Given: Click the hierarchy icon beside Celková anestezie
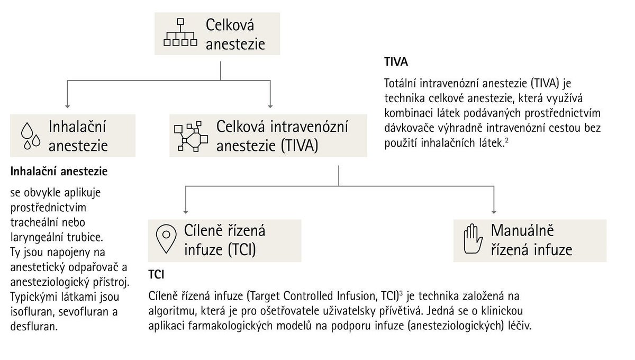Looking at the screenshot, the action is pyautogui.click(x=180, y=32).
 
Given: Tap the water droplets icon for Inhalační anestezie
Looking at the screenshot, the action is pyautogui.click(x=31, y=136).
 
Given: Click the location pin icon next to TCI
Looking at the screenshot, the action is pyautogui.click(x=166, y=239).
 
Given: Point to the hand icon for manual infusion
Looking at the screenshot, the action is pyautogui.click(x=473, y=239).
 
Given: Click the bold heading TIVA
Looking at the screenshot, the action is pyautogui.click(x=396, y=62).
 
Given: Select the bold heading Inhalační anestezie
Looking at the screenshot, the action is pyautogui.click(x=59, y=172).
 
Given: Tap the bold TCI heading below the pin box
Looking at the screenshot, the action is pyautogui.click(x=156, y=275).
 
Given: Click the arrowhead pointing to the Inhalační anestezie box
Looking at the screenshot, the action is pyautogui.click(x=68, y=106).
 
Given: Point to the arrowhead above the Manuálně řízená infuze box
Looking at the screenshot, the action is pyautogui.click(x=494, y=212).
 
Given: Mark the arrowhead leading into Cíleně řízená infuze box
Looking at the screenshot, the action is pyautogui.click(x=186, y=212).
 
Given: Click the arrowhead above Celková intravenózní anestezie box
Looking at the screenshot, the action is pyautogui.click(x=270, y=106).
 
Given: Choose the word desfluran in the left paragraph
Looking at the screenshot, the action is pyautogui.click(x=34, y=327).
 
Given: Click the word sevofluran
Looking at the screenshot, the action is pyautogui.click(x=85, y=312).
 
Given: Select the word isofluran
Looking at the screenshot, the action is pyautogui.click(x=33, y=312).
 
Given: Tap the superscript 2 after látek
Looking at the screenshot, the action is pyautogui.click(x=506, y=140).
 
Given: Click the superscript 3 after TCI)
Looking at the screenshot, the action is pyautogui.click(x=401, y=293).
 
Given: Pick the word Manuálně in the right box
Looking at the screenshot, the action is pyautogui.click(x=522, y=230).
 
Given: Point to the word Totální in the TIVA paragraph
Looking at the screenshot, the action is pyautogui.click(x=400, y=84).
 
